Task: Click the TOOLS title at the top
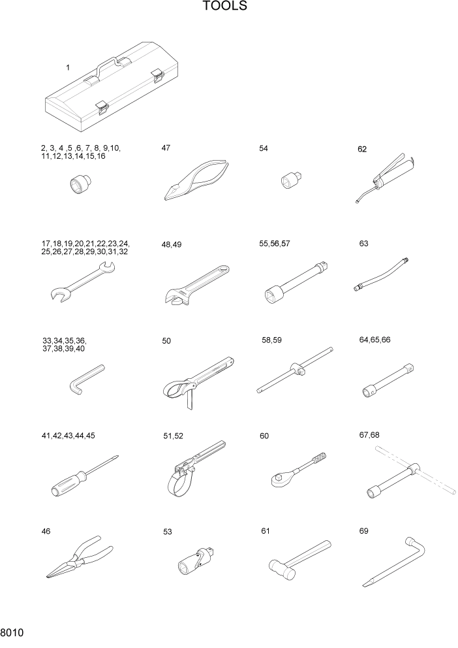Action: point(225,7)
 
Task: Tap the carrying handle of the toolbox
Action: point(108,64)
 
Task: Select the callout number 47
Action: point(166,148)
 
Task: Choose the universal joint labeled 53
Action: point(197,559)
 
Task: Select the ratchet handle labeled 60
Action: point(296,471)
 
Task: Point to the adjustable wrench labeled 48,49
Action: point(193,285)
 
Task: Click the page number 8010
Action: point(13,634)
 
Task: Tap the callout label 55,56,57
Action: point(275,244)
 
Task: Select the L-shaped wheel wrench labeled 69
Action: point(395,562)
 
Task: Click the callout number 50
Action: point(166,341)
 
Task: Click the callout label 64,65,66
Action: point(374,340)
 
